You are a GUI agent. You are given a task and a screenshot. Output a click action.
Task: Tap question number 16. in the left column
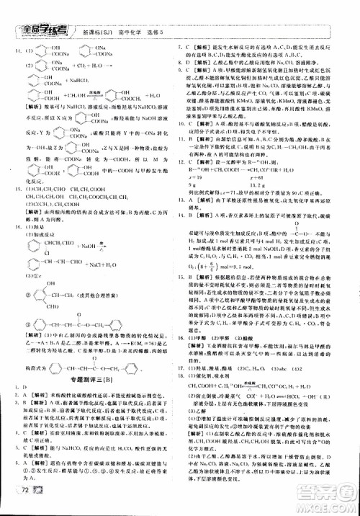[12, 246]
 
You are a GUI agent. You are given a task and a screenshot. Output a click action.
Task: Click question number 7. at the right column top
[189, 48]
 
